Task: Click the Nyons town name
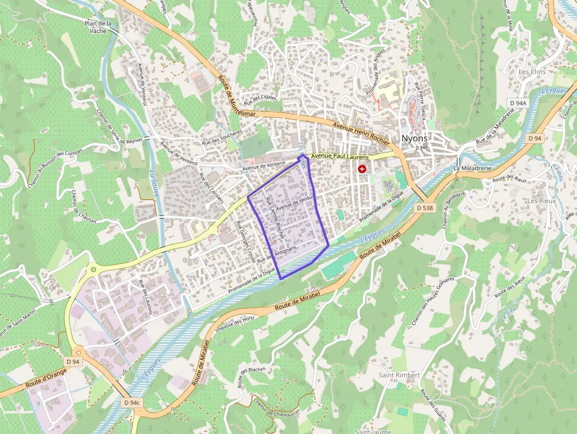point(414,138)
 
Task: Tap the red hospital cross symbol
point(362,169)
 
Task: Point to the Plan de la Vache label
point(98,26)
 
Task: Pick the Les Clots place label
point(532,72)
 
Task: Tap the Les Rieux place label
point(541,201)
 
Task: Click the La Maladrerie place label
point(472,168)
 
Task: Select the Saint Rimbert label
point(399,375)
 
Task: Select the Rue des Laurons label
point(145,297)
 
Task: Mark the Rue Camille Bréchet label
point(274,218)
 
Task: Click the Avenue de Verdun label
point(293,203)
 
